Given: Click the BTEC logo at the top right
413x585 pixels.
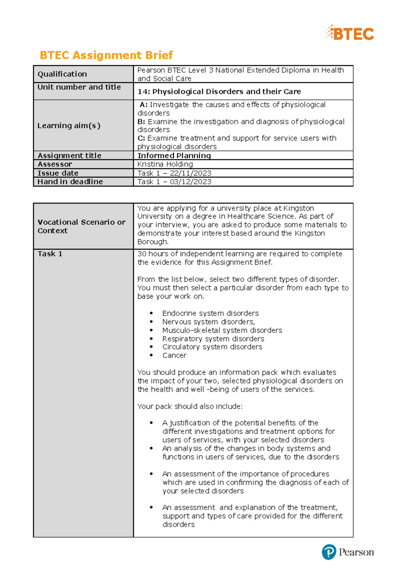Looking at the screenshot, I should (x=349, y=33).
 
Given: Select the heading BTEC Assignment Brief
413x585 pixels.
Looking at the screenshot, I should (x=106, y=55).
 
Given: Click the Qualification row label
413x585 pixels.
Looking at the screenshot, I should (x=62, y=74).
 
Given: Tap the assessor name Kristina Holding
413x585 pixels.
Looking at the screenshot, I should (x=165, y=164).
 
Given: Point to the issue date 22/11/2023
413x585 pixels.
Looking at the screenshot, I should (x=191, y=173).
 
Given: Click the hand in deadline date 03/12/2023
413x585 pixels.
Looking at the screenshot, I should (x=191, y=182).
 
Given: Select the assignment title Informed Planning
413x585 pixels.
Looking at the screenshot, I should (x=174, y=155).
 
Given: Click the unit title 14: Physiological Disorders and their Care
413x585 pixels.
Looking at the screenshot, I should (x=219, y=92).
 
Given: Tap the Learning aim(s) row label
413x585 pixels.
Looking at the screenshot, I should (x=69, y=125).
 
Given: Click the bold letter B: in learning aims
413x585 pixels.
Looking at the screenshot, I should (x=141, y=122).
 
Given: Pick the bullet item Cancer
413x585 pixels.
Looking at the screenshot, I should (x=174, y=355).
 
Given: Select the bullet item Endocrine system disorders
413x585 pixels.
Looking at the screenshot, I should (x=210, y=313).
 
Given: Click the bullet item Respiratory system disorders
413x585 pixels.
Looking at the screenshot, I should (x=213, y=339).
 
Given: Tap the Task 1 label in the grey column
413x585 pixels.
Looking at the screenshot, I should (x=50, y=254).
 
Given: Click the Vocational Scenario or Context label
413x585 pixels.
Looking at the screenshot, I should (x=81, y=226).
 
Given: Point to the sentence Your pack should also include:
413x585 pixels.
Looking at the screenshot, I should (x=190, y=406).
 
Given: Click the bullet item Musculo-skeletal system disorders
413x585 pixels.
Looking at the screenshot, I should (x=222, y=330).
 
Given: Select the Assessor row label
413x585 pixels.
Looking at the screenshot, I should (x=55, y=164).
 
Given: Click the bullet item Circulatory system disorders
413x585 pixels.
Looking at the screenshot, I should (x=212, y=347).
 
